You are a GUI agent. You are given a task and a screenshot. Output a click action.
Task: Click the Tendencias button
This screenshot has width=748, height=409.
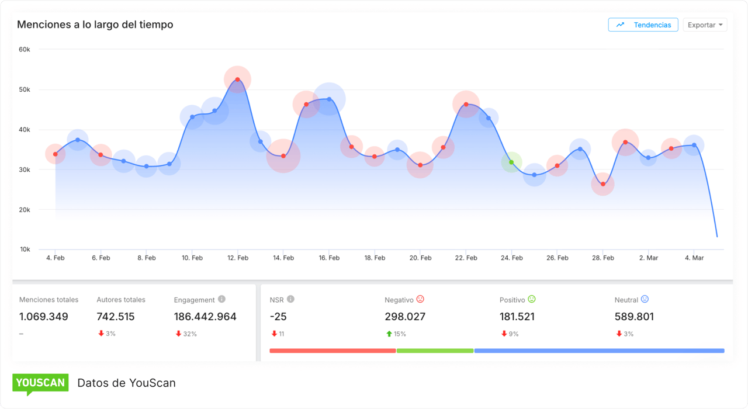coord(643,25)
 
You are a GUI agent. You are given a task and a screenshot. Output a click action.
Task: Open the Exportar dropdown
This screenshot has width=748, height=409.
coord(705,25)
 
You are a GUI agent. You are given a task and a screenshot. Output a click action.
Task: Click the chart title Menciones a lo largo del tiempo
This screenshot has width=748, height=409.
coord(95,25)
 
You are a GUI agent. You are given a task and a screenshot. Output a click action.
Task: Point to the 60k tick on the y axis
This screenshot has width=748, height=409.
coord(25,50)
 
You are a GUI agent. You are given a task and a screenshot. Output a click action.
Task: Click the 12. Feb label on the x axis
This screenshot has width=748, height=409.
coord(237,258)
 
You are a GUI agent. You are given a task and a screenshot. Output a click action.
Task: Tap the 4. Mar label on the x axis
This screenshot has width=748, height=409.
coord(694,258)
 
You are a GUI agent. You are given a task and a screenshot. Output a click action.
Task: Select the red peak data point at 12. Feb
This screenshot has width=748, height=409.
coord(237,79)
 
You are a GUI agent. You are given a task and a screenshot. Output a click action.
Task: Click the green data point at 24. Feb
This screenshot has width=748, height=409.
coord(511,162)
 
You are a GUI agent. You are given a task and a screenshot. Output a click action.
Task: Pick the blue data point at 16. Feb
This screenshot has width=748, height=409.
coord(329,99)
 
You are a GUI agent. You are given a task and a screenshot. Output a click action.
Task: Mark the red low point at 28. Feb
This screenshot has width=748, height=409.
coord(602,184)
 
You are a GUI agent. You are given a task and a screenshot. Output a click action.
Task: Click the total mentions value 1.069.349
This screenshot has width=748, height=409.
coord(44,317)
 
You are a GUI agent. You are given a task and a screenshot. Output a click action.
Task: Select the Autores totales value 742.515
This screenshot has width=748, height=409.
coord(116,317)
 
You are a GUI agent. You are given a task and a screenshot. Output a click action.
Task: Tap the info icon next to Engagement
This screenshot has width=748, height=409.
coord(221,299)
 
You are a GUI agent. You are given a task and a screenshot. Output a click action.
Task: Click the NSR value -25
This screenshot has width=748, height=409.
coord(278,317)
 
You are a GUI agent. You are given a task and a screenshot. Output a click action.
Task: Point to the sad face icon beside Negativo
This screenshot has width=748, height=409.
coord(420,299)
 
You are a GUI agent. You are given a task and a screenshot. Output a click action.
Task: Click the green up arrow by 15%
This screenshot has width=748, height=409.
coord(389,334)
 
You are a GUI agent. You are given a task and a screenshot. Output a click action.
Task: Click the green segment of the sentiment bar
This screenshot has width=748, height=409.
coord(435,351)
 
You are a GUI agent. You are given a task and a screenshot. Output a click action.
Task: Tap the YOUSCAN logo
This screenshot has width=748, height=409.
coord(40,383)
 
